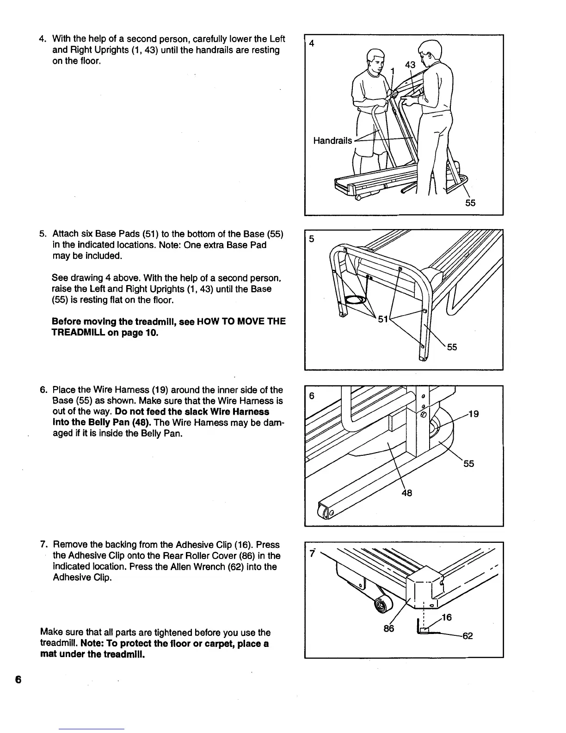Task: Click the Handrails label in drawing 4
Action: [x=332, y=141]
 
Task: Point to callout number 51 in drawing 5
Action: [x=383, y=319]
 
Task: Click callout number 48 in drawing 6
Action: [x=406, y=493]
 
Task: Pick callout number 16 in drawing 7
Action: [x=446, y=617]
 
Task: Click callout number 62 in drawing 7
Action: [x=468, y=636]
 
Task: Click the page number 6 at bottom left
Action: [x=18, y=680]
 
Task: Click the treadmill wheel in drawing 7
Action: [x=382, y=605]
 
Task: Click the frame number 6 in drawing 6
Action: [x=312, y=396]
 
